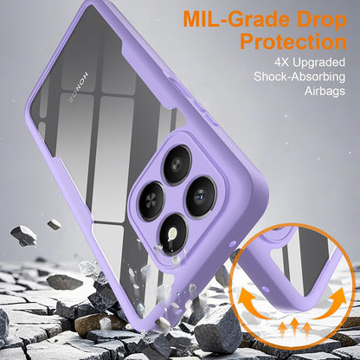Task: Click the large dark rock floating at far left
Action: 23,235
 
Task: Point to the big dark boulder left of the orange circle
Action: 217,329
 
